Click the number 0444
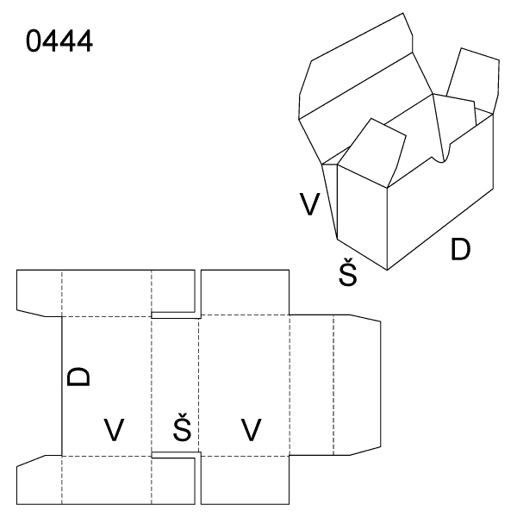[59, 40]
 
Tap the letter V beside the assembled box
[309, 203]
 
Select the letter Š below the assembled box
[348, 272]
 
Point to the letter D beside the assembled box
[460, 249]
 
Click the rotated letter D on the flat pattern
[78, 377]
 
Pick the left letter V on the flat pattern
[114, 429]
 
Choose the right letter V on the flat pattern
[252, 429]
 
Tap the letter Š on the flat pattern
[182, 427]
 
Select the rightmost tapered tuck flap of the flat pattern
[357, 385]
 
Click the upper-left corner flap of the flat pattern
[40, 293]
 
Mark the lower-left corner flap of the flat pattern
[40, 480]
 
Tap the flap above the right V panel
[245, 292]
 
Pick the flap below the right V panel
[245, 480]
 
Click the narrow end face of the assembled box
[362, 218]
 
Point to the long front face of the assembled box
[440, 191]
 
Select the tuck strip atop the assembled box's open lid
[356, 66]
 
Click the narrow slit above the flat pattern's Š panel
[176, 315]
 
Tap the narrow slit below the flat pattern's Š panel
[176, 455]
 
